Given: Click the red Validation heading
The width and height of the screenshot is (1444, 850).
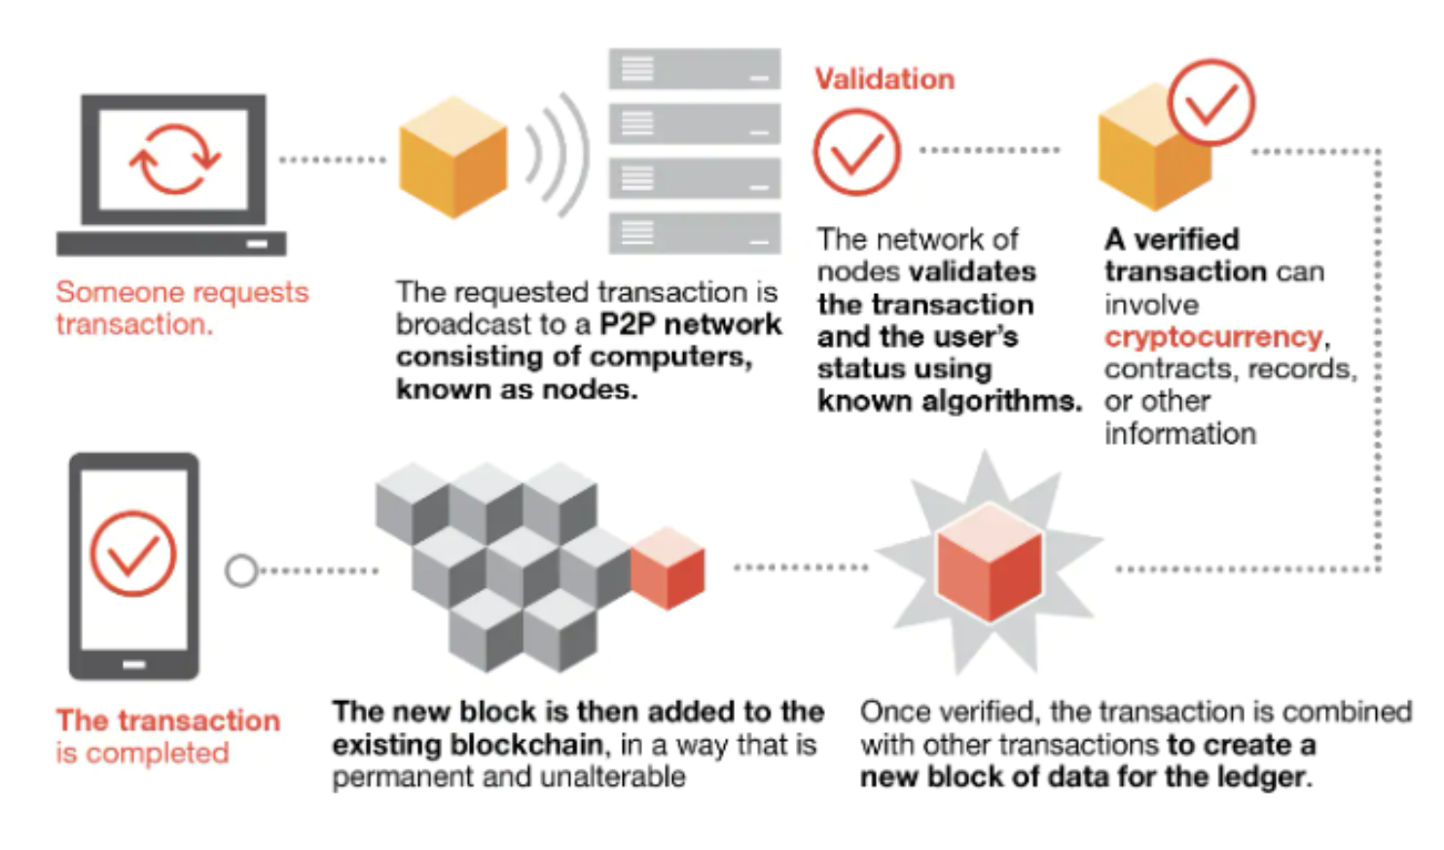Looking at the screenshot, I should [884, 79].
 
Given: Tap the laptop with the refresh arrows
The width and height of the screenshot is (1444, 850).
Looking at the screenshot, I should [172, 173].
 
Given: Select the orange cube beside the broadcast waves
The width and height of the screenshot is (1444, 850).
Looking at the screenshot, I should [452, 156].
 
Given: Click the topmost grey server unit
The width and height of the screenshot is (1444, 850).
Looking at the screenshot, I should [694, 69].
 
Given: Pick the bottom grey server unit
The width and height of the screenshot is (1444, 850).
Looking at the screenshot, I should [694, 233].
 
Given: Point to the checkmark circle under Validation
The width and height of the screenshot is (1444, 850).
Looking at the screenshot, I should [856, 152].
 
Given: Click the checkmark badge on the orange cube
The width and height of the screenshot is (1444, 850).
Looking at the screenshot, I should [1210, 102].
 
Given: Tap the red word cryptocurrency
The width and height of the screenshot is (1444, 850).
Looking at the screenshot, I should [1213, 337].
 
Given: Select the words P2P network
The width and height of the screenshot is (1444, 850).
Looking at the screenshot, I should [690, 324].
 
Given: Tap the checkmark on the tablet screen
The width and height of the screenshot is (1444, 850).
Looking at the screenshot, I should [133, 553].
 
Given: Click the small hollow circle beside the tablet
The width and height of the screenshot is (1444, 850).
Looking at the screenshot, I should [240, 571].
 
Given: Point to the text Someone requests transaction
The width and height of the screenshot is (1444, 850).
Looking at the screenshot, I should [181, 308].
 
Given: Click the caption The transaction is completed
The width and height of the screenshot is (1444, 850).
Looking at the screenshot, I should [167, 736].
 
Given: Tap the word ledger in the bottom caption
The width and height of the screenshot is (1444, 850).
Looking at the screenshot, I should [1263, 777].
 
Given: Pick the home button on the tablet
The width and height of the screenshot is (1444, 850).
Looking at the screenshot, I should [133, 665].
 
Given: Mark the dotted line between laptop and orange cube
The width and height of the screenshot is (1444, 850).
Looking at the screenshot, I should [332, 160].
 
